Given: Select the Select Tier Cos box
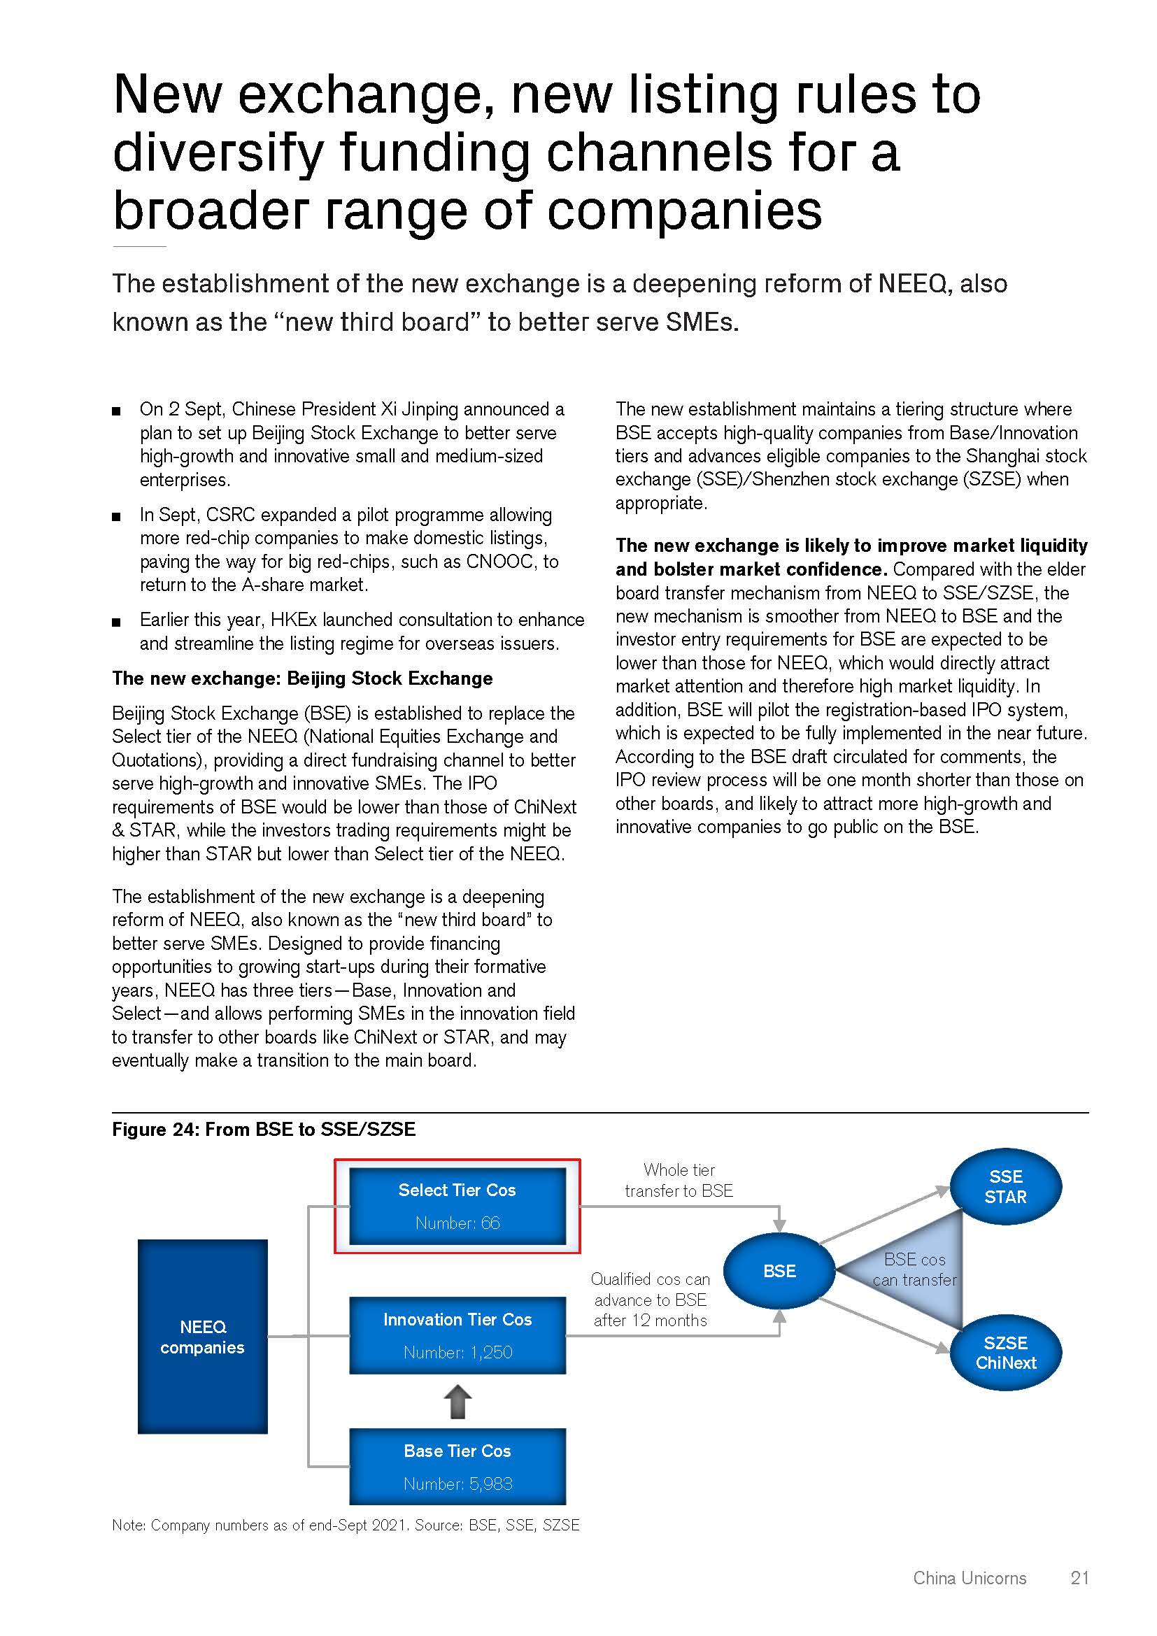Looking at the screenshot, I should tap(457, 1206).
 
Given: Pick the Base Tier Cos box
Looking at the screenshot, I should tap(457, 1467).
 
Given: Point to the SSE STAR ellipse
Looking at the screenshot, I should tap(1005, 1186).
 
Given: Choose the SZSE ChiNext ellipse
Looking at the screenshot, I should tap(1005, 1353).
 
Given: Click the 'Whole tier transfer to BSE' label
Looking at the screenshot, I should tap(679, 1180).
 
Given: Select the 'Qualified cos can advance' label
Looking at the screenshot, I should tap(651, 1299).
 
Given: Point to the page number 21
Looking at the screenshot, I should tap(1079, 1577).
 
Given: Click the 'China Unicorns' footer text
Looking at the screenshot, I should tap(969, 1577).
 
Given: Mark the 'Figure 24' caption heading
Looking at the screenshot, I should tap(264, 1130).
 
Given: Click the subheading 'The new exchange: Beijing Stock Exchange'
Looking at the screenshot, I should tap(302, 678).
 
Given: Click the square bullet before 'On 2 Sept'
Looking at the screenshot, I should tap(117, 411).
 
